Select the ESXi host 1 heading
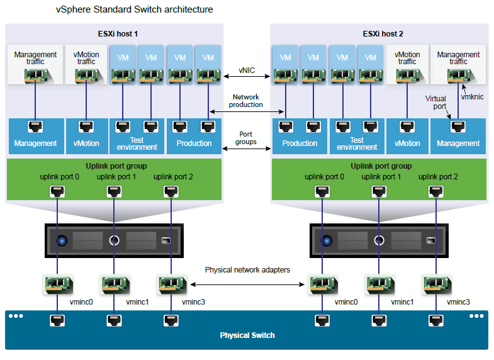tap(115, 33)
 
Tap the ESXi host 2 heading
tap(379, 33)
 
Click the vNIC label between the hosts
tap(247, 69)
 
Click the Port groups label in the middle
tap(247, 138)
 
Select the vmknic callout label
tap(472, 98)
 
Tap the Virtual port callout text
tap(435, 103)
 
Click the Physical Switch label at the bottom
tap(247, 335)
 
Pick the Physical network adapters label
tap(247, 270)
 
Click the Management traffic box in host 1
tap(35, 65)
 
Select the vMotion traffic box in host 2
tap(407, 65)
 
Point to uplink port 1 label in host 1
tap(116, 177)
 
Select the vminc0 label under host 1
tap(81, 302)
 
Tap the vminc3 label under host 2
tap(458, 302)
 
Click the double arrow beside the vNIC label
tap(247, 77)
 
